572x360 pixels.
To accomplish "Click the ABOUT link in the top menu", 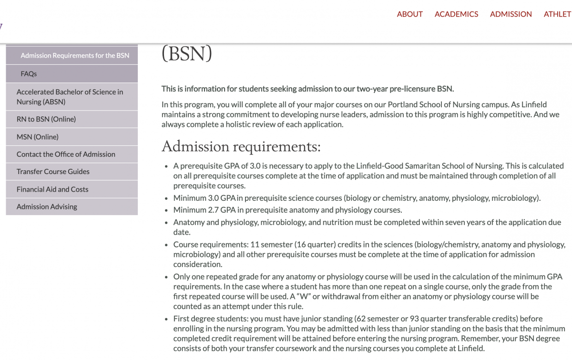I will (409, 14).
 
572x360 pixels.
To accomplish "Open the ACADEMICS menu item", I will (456, 14).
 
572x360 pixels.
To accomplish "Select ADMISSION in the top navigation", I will (511, 14).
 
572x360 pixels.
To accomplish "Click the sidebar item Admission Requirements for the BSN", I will (75, 55).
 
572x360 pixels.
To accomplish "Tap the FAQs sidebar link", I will (29, 74).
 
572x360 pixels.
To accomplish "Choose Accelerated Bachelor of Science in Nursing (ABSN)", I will (70, 97).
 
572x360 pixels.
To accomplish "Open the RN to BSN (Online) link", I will (46, 119).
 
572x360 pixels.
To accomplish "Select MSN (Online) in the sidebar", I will (38, 137).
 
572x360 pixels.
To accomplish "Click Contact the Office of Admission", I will (66, 154).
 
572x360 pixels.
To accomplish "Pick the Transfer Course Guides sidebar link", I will (53, 172).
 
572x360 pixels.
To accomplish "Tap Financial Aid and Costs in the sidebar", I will (52, 189).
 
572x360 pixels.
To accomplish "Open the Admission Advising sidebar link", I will (47, 207).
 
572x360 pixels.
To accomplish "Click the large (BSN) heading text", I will (186, 53).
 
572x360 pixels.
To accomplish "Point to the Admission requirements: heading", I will (241, 146).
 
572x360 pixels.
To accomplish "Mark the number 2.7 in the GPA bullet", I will (213, 210).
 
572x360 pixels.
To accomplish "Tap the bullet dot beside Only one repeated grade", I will (166, 277).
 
